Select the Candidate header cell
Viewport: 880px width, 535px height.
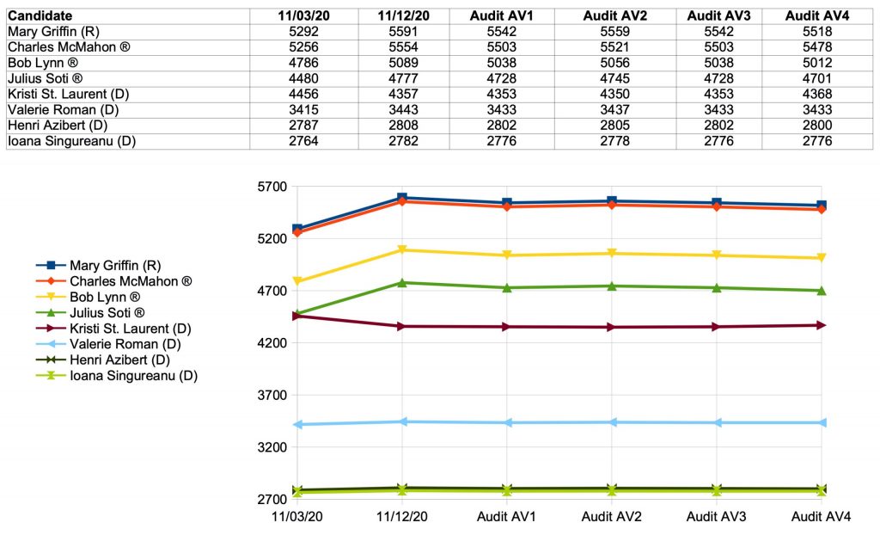40,15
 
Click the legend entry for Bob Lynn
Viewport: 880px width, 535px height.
117,297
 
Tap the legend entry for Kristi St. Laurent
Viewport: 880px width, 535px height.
130,328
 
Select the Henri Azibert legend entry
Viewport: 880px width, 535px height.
119,360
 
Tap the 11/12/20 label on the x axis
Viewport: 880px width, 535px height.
402,517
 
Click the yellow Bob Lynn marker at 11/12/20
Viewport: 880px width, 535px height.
402,250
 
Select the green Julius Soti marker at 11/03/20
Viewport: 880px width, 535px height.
297,314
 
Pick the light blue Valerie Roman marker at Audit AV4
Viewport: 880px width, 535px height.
822,422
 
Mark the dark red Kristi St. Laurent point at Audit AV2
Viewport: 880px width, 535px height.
612,327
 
